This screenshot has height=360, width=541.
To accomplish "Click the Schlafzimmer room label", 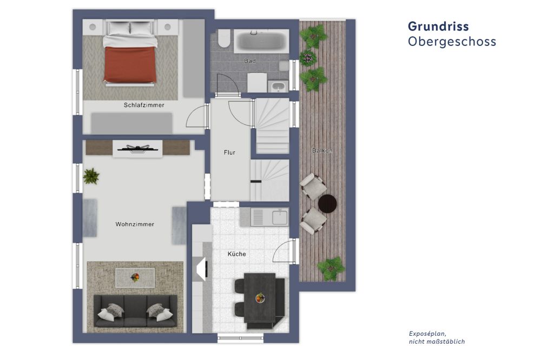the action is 144,105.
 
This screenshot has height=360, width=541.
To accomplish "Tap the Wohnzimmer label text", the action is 135,224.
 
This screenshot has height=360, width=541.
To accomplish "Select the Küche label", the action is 237,254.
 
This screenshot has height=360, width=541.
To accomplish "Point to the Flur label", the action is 229,152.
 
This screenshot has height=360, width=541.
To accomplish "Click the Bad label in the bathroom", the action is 250,61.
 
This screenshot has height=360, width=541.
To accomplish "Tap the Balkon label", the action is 322,151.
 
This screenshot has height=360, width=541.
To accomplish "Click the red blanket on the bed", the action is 130,64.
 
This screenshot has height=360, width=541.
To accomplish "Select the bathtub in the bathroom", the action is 261,41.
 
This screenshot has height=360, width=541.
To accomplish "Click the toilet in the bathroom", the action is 224,38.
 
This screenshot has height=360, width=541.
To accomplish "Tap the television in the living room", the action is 137,149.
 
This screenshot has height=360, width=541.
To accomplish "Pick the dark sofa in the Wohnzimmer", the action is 136,311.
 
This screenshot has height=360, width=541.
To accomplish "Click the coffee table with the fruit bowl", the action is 135,278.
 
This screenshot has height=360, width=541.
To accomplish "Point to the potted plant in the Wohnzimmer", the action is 91,176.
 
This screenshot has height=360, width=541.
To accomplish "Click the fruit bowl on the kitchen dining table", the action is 260,298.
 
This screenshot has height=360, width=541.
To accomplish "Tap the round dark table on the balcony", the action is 327,203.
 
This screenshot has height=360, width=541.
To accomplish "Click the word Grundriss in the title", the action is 438,26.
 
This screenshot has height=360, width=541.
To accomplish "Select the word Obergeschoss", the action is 452,42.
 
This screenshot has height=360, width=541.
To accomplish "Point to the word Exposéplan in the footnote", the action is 427,334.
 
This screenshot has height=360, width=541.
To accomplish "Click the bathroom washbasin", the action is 278,86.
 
